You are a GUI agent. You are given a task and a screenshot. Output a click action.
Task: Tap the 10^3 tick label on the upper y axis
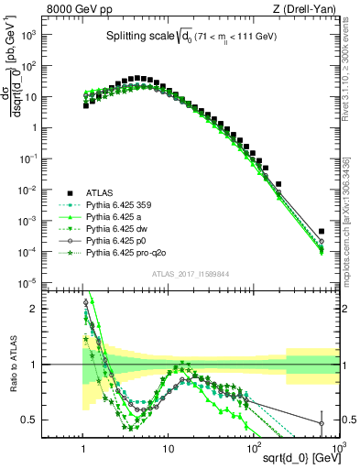pyautogui.click(x=55, y=36)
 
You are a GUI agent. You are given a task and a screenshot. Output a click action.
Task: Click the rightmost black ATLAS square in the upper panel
pyautogui.click(x=321, y=232)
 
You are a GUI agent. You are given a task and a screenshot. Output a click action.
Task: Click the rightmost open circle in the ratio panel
pyautogui.click(x=321, y=423)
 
